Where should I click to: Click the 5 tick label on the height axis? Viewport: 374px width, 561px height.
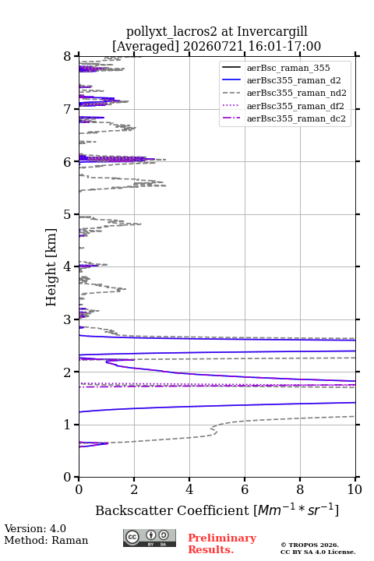[x=67, y=214]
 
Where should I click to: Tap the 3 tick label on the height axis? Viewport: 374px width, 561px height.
[x=67, y=319]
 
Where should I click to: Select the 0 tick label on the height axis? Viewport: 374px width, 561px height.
[x=67, y=478]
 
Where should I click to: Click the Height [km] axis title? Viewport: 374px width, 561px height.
[x=51, y=267]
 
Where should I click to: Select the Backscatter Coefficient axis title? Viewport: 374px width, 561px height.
[x=217, y=510]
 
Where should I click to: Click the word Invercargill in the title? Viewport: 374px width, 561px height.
[x=273, y=32]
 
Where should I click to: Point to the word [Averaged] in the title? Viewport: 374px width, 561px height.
[x=145, y=46]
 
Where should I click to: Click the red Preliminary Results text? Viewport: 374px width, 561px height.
[x=222, y=544]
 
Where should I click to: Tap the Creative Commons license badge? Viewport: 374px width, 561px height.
[x=150, y=538]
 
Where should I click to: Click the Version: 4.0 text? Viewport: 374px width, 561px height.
[x=35, y=529]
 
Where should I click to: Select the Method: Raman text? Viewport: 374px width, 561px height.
[x=46, y=540]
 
